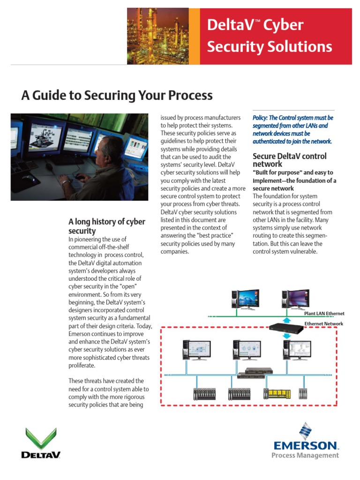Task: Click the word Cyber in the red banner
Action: coord(284,25)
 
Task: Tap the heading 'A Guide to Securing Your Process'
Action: coord(117,96)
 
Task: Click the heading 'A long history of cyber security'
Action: coord(106,226)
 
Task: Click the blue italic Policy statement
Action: coord(293,129)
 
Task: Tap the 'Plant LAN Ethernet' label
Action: coord(324,314)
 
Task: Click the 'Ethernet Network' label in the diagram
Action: coord(323,324)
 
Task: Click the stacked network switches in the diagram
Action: coord(254,373)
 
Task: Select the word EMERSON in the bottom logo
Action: coord(305,445)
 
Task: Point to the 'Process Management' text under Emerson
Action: coord(305,455)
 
